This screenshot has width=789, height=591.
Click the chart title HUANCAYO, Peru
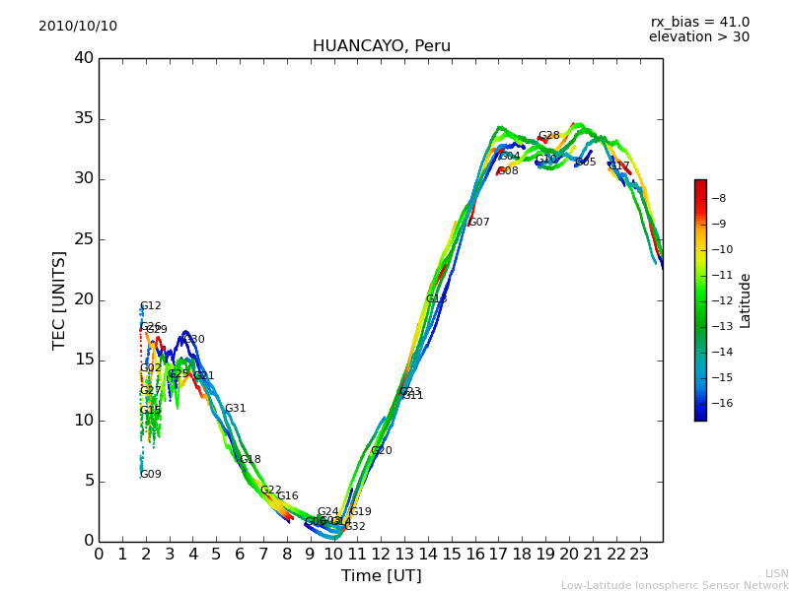381,46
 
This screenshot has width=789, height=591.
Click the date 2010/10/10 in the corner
78,26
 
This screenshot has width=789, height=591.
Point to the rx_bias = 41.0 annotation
699,22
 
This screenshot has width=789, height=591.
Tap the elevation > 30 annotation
698,37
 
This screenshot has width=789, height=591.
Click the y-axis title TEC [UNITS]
60,299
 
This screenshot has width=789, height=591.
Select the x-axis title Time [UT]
381,575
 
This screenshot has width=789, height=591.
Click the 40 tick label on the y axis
83,58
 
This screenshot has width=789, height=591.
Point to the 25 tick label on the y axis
83,239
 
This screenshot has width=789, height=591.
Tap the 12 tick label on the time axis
381,554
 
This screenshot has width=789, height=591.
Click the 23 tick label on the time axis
639,554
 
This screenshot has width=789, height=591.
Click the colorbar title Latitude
746,300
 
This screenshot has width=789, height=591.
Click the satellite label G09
151,475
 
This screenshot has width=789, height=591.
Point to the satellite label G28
548,136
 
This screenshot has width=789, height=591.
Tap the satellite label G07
478,223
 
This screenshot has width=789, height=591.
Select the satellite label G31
235,409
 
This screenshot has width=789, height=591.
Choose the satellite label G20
381,451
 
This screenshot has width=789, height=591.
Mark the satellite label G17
618,166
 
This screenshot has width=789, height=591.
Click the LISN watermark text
776,573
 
